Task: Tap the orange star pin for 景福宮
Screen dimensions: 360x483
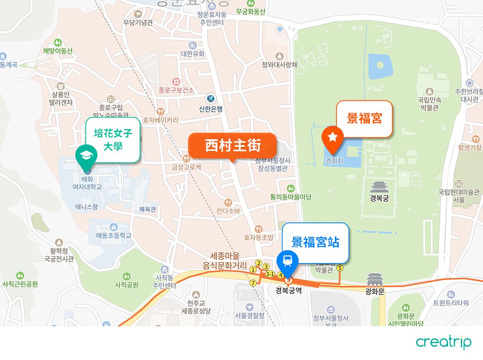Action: (332, 138)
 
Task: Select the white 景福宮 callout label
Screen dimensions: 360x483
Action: (364, 119)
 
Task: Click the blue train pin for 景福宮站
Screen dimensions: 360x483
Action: (287, 261)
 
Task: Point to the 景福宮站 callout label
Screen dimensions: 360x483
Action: (315, 243)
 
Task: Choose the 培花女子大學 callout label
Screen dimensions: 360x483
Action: (113, 139)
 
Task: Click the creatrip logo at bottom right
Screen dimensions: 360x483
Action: (443, 343)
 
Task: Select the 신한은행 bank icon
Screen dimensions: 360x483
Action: (211, 99)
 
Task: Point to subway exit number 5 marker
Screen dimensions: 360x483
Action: (340, 268)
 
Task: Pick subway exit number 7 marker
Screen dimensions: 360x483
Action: (253, 283)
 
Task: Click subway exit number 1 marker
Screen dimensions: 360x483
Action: (253, 269)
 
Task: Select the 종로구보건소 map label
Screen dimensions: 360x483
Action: (176, 90)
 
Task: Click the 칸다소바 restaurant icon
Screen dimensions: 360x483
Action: (228, 202)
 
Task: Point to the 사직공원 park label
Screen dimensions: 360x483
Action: (126, 285)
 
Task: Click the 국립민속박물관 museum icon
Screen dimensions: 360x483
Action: (429, 91)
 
